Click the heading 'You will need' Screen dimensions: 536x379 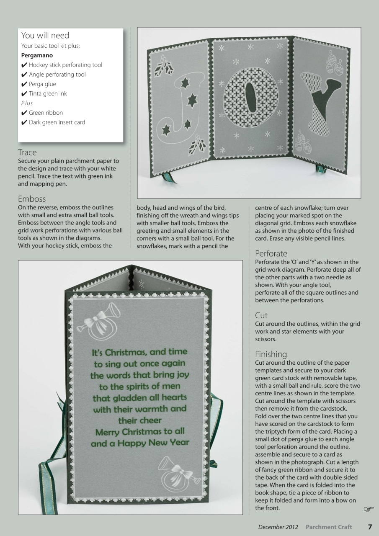click(x=45, y=36)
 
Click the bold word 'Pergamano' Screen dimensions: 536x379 click(x=37, y=55)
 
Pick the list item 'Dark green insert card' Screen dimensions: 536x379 click(x=57, y=122)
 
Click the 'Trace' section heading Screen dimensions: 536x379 click(x=27, y=152)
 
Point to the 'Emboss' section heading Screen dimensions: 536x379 click(x=32, y=199)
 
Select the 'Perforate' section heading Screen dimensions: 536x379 click(x=271, y=253)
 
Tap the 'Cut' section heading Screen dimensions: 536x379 click(x=261, y=315)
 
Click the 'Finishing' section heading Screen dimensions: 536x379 click(x=271, y=354)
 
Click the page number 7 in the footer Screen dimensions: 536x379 click(x=370, y=527)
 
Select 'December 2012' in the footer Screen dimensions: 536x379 click(x=278, y=527)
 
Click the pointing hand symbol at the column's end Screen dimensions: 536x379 click(x=368, y=509)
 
